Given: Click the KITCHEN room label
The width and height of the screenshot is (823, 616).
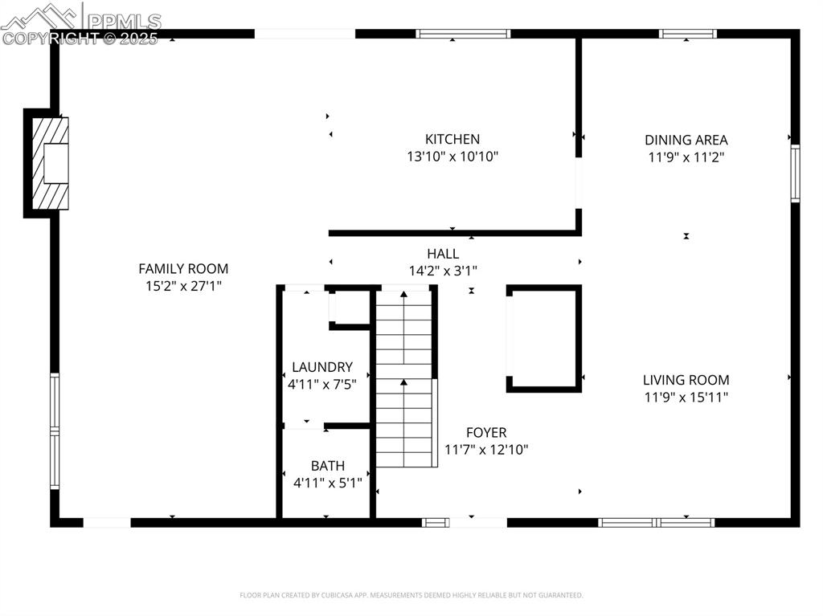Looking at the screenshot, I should point(452,139).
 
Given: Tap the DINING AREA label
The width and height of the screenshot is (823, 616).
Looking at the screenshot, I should point(686,140).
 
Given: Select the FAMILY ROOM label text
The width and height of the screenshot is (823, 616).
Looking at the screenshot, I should point(183,269).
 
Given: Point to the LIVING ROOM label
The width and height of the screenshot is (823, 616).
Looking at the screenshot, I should point(686,380).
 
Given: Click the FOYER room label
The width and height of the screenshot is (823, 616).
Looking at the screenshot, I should point(486,433).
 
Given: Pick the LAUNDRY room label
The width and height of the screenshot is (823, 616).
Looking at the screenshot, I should point(321,367).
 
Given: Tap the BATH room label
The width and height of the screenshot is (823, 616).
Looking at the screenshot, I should point(327,466).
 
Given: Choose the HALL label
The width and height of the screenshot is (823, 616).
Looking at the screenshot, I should point(443,254).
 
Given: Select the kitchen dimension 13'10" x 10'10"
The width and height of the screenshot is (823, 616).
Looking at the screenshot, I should point(452,157).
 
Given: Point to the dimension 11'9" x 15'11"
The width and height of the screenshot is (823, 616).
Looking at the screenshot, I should point(686,397).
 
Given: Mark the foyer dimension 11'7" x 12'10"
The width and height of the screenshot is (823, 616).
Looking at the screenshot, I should point(486,450).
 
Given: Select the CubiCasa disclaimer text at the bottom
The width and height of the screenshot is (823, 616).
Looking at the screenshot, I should point(411,595).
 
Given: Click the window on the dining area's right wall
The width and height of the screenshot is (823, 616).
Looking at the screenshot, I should point(795,173).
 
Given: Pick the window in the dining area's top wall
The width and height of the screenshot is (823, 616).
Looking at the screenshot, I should point(687,34).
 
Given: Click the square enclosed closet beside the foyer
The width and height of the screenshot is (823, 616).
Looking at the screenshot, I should point(544,338).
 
